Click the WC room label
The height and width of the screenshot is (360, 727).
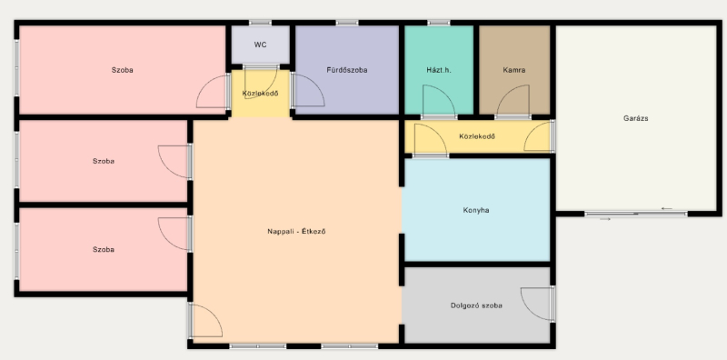260,45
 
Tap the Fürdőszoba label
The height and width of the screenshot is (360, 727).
347,70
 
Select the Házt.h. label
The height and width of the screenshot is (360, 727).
439,70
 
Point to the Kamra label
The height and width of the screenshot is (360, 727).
514,70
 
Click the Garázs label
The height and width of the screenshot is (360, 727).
635,118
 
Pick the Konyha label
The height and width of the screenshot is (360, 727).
476,210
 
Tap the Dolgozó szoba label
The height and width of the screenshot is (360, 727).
476,305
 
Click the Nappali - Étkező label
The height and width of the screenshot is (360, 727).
296,231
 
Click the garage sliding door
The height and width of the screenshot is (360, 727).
635,215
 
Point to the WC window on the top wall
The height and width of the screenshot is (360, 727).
260,22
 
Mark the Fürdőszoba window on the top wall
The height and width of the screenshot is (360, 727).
347,22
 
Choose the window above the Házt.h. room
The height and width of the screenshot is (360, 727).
439,22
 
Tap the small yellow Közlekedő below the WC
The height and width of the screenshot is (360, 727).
260,94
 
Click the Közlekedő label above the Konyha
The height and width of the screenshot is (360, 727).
477,136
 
